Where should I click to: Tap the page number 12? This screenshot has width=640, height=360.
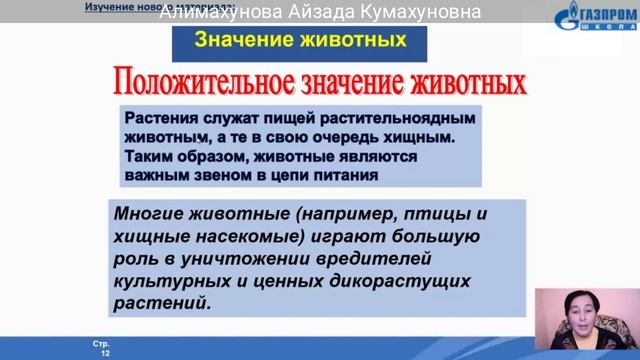point(103,353)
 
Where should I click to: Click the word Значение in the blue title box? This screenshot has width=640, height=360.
point(236,41)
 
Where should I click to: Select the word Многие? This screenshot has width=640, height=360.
point(153,213)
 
